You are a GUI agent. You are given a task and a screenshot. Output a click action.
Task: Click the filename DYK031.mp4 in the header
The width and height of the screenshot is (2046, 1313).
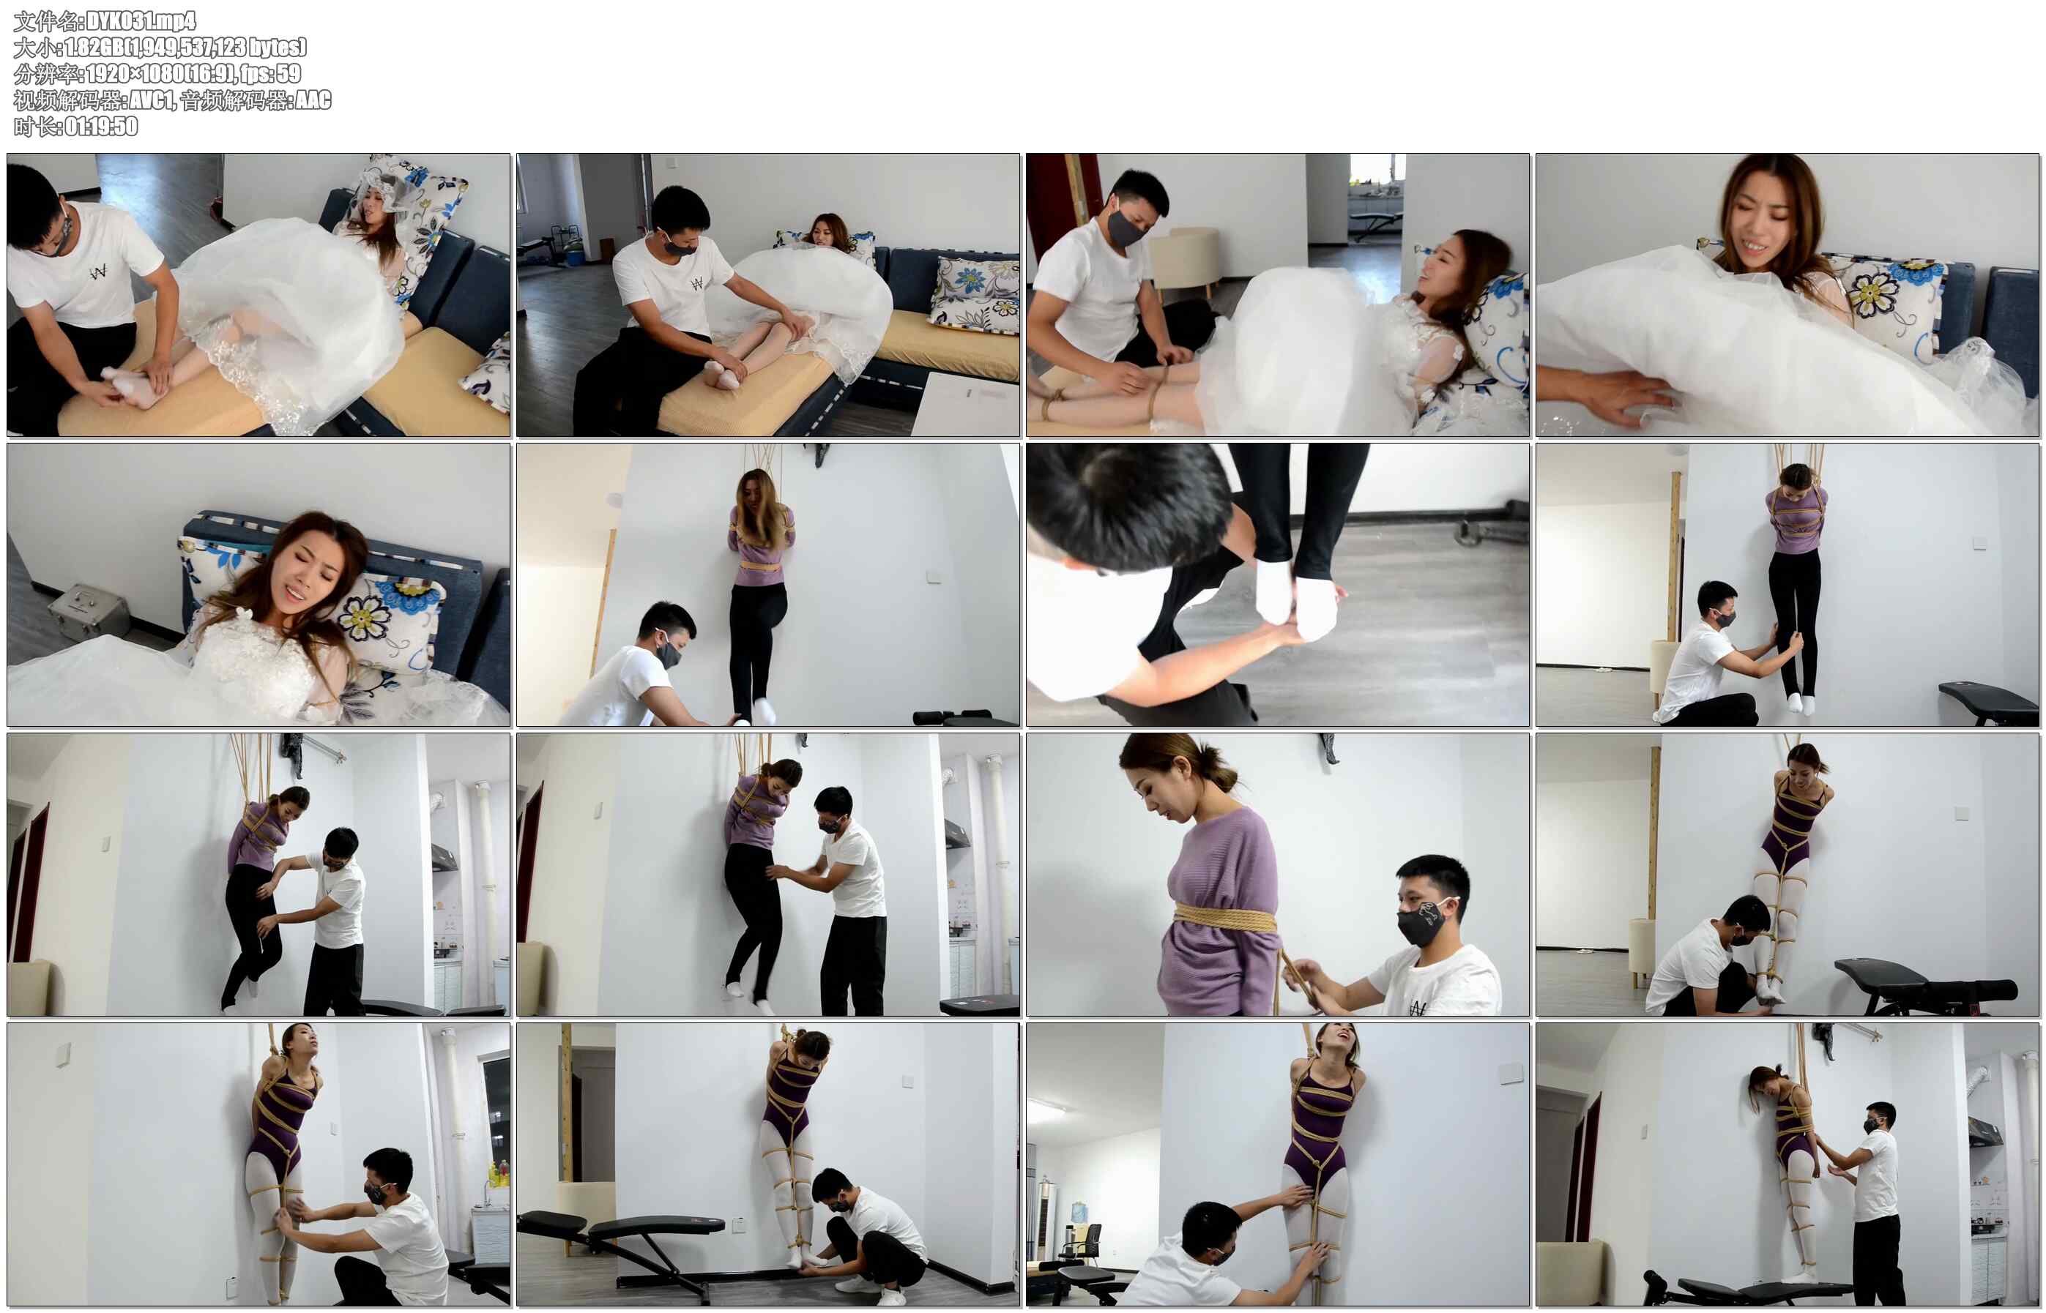pyautogui.click(x=141, y=20)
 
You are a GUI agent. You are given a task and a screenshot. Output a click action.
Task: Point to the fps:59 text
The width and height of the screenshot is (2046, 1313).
pyautogui.click(x=270, y=73)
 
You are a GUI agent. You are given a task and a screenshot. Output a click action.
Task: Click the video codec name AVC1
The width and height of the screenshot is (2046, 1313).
pyautogui.click(x=152, y=100)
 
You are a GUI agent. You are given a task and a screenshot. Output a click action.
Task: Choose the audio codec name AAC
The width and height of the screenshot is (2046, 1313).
pyautogui.click(x=313, y=100)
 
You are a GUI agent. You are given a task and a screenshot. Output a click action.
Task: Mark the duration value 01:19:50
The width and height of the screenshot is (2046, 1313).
pyautogui.click(x=100, y=126)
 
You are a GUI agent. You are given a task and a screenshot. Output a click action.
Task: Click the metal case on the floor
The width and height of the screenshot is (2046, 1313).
pyautogui.click(x=89, y=608)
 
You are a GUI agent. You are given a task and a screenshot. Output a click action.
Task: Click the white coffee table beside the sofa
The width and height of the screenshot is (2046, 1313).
pyautogui.click(x=964, y=404)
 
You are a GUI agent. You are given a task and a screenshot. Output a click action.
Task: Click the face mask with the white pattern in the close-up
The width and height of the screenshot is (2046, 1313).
pyautogui.click(x=1426, y=921)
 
